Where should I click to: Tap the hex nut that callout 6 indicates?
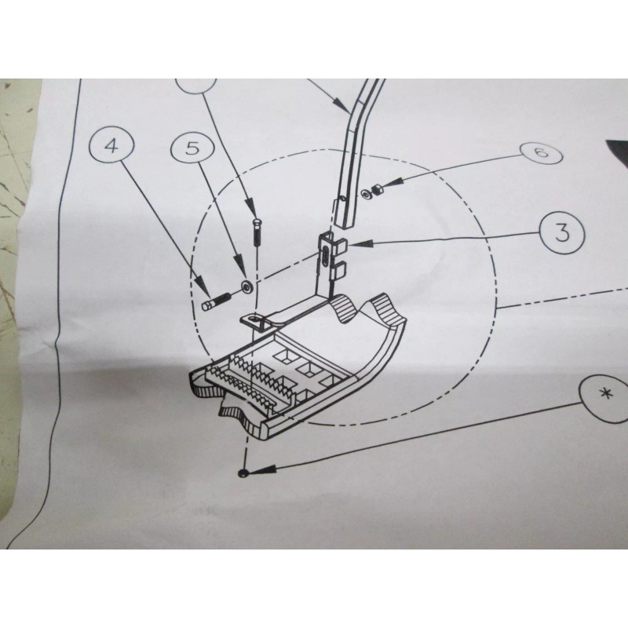point(377,188)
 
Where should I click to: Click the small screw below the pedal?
point(245,473)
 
